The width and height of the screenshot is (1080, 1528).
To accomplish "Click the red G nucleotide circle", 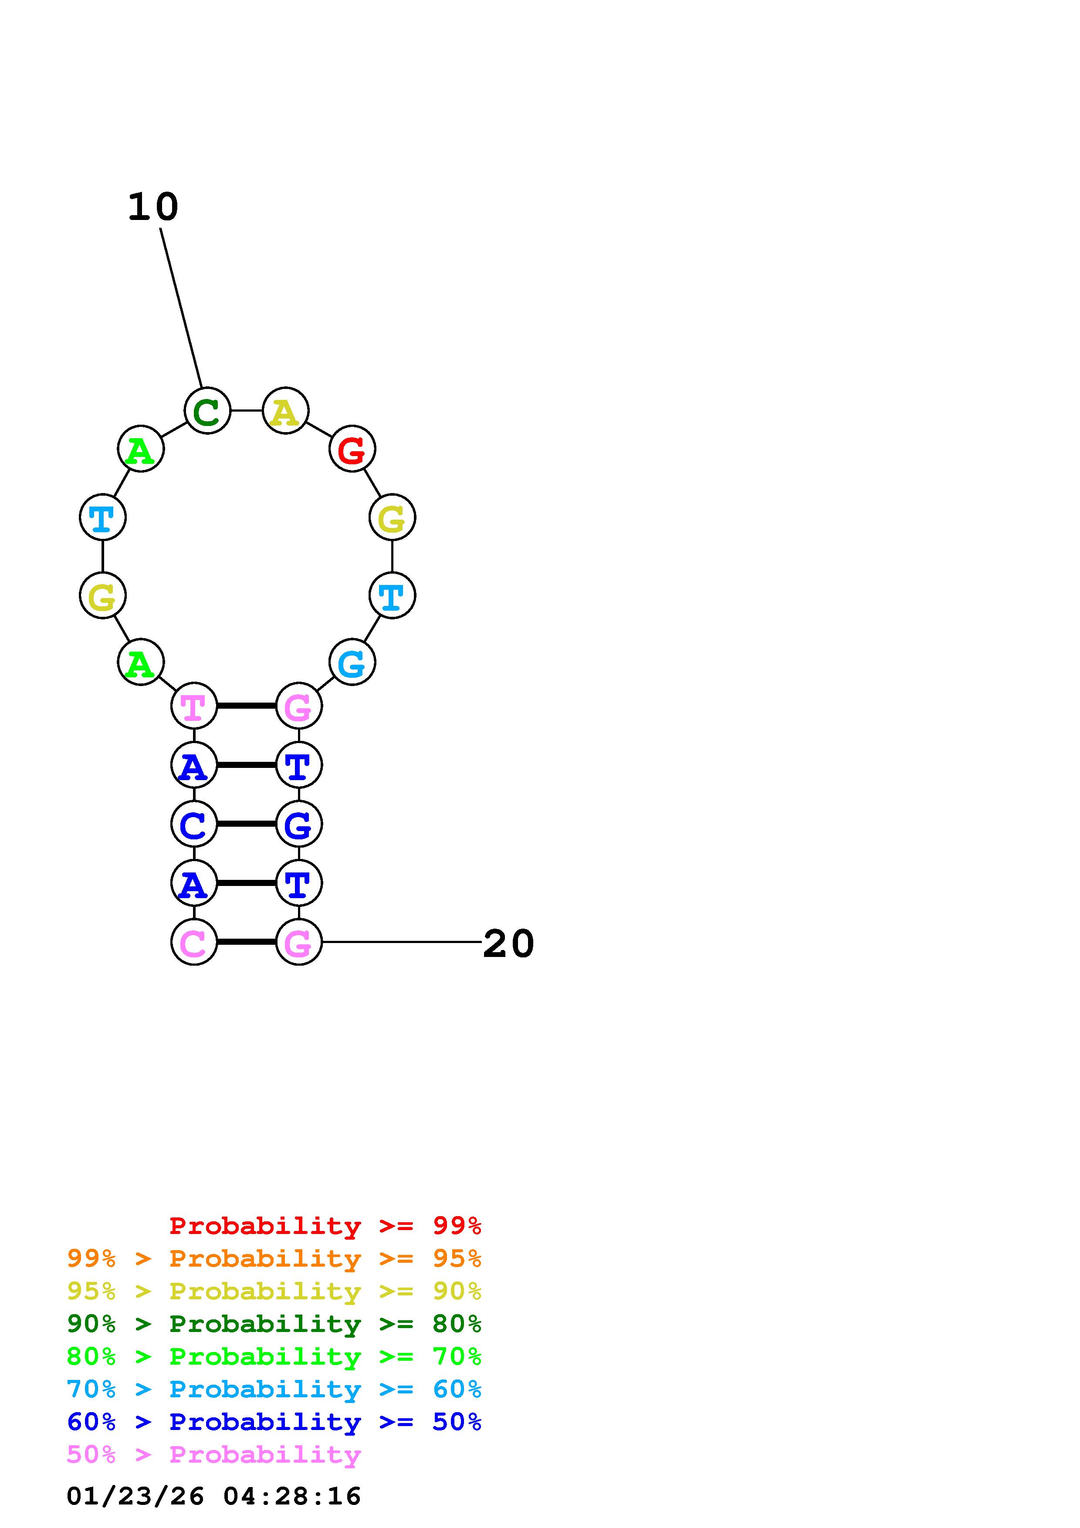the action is (x=352, y=449).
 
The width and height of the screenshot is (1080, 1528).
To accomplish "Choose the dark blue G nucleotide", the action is (x=299, y=824).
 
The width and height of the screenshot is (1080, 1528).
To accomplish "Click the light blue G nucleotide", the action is (x=352, y=662).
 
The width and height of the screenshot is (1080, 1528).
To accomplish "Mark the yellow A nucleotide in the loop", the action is (x=285, y=411).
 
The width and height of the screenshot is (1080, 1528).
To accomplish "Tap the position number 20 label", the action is (x=508, y=944).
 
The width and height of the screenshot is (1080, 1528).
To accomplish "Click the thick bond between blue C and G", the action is (x=246, y=824).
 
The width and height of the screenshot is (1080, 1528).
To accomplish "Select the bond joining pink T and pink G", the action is (x=246, y=706).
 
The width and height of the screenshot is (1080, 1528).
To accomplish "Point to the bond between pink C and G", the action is (x=246, y=942).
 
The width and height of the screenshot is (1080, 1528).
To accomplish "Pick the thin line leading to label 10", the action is (x=181, y=308).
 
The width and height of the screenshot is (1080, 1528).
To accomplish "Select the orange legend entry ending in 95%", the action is (x=274, y=1258).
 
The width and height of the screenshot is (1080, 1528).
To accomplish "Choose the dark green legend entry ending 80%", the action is (x=274, y=1324).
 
